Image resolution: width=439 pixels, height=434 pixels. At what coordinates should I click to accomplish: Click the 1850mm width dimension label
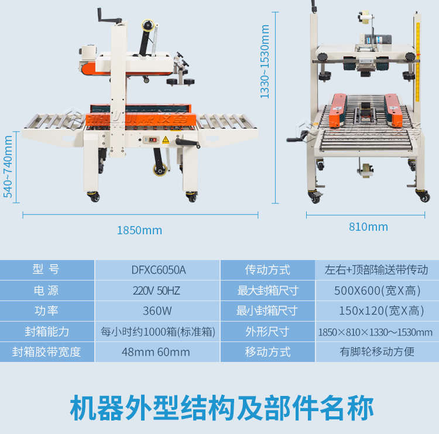[x=139, y=230]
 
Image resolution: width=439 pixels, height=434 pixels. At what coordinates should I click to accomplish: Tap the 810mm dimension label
[x=368, y=227]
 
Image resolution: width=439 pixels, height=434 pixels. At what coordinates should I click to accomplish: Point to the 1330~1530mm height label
[x=265, y=61]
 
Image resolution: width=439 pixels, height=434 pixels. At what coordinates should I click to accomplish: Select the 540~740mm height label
[x=8, y=167]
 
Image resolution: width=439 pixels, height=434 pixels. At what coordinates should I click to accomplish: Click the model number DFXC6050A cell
[x=158, y=270]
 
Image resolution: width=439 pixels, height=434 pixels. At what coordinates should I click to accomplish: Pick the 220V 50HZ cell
[x=158, y=291]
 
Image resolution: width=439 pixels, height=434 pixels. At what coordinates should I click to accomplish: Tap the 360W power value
[x=158, y=311]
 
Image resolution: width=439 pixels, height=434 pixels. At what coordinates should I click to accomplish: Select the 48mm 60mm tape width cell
[x=158, y=352]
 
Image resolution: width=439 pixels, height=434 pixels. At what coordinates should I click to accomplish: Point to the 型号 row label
[x=46, y=270]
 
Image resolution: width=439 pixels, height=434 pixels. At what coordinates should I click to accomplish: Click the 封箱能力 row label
[x=46, y=332]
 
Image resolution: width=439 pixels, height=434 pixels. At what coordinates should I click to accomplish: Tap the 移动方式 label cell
[x=267, y=352]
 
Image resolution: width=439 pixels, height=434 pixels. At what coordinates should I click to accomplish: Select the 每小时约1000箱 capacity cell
[x=158, y=332]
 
